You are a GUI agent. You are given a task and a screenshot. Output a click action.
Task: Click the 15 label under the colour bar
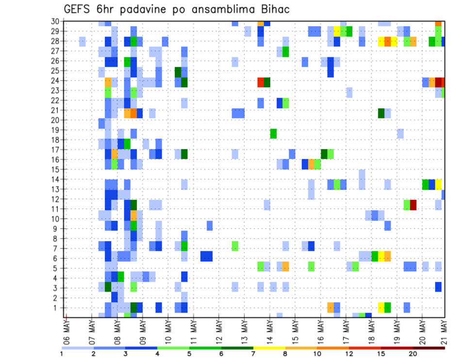click(381, 354)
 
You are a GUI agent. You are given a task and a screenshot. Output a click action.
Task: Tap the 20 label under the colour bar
click(413, 354)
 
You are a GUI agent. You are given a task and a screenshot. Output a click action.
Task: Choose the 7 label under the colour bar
click(253, 354)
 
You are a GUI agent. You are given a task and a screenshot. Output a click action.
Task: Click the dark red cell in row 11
click(413, 205)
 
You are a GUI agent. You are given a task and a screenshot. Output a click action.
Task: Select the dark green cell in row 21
click(381, 113)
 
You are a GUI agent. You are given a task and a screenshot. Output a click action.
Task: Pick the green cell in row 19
click(273, 133)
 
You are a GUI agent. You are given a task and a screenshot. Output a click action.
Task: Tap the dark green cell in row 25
click(178, 71)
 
